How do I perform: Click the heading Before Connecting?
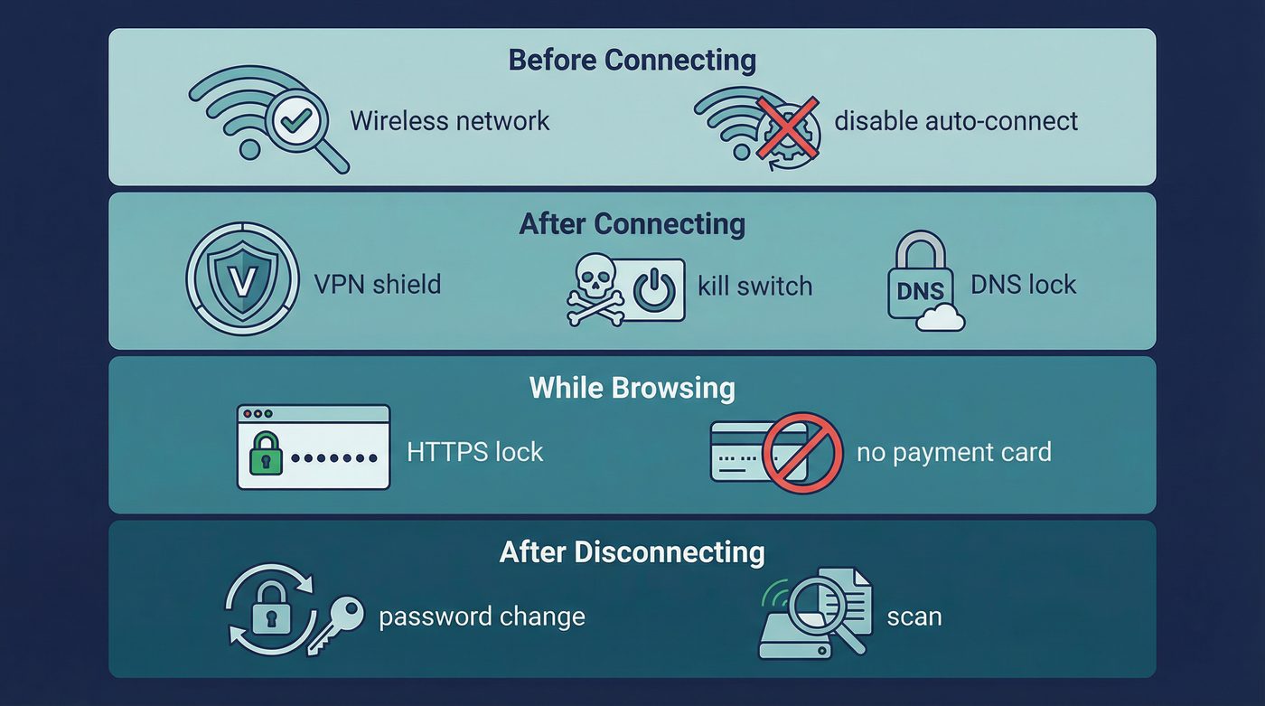coord(632,60)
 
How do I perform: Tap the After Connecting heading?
coord(632,223)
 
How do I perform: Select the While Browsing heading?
coord(632,388)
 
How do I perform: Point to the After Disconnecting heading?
coord(632,551)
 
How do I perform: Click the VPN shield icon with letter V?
coord(242,278)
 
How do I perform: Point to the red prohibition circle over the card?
coord(802,453)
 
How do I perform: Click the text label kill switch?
coord(754,286)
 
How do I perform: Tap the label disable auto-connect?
coord(955,120)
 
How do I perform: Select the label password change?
coord(482,617)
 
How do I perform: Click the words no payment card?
coord(953,451)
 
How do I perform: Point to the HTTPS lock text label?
coord(475,451)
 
